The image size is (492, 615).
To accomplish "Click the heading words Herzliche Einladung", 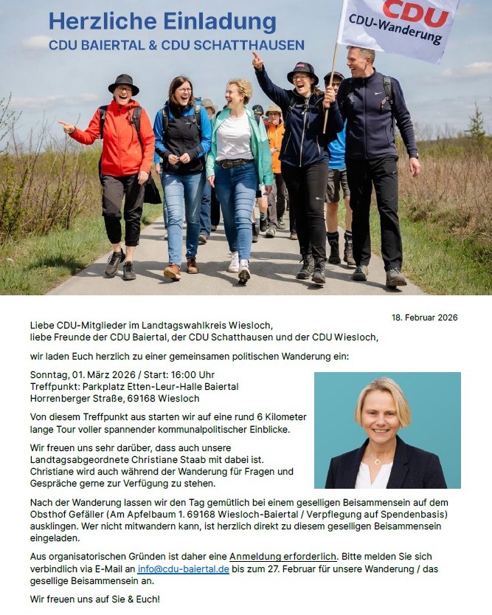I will click(162, 21).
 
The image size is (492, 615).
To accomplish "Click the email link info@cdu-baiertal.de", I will click(183, 569).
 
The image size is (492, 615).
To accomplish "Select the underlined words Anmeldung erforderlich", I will click(283, 555).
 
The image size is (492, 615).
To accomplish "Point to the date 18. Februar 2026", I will click(424, 317).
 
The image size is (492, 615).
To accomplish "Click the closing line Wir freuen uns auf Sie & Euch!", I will click(94, 599).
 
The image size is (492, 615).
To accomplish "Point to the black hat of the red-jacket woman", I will click(123, 82).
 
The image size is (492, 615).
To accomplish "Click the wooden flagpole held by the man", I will click(330, 89).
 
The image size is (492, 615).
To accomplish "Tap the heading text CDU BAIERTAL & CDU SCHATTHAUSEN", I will click(176, 45).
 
